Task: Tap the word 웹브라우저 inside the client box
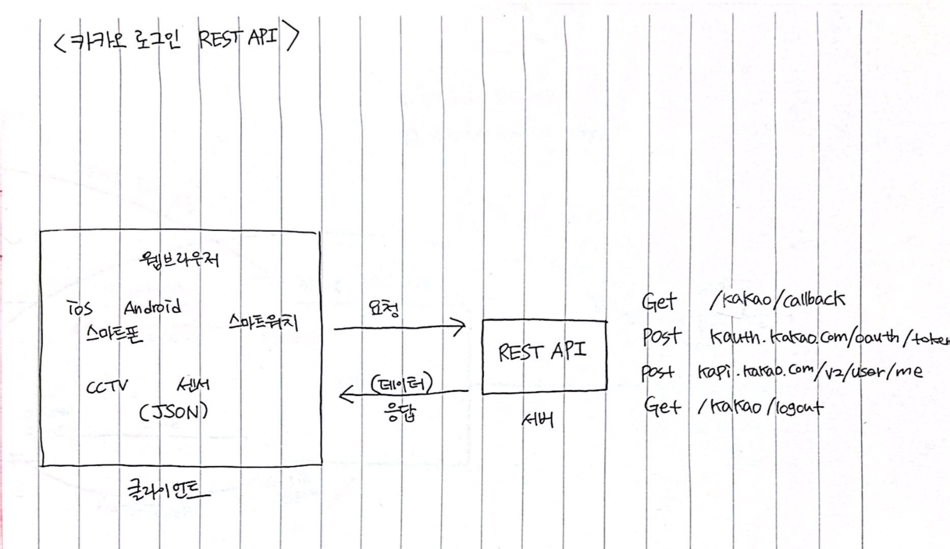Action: (180, 259)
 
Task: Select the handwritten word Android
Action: (152, 307)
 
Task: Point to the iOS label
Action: (80, 308)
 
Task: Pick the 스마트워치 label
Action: (263, 323)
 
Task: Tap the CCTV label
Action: (107, 387)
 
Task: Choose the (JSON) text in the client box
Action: (173, 411)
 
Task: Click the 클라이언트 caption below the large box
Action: (168, 490)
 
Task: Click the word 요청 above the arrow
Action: (384, 308)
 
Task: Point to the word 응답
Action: (401, 412)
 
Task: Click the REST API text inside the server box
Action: (542, 351)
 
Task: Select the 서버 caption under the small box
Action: (538, 420)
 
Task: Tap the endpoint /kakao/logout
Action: (760, 407)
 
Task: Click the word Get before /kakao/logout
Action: (662, 406)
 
